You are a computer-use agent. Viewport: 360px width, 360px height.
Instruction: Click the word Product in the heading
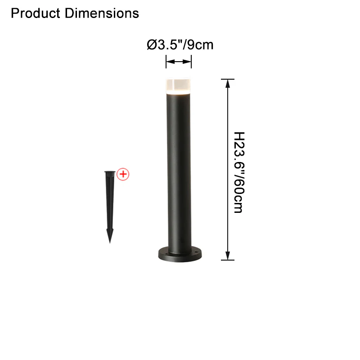click(36, 13)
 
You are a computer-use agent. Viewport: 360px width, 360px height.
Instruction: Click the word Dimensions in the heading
click(102, 13)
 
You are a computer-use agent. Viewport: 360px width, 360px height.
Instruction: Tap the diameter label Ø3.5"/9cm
click(180, 45)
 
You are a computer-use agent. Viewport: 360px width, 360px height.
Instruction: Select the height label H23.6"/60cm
click(239, 172)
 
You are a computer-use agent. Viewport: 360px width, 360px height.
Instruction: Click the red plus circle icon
click(123, 174)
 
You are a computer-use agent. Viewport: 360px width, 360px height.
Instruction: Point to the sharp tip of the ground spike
click(110, 243)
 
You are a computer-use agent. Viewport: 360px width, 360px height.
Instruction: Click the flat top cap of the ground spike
click(110, 172)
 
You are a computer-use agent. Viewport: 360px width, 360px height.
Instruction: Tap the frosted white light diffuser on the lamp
click(178, 86)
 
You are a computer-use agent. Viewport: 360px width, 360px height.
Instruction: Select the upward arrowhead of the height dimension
click(228, 84)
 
